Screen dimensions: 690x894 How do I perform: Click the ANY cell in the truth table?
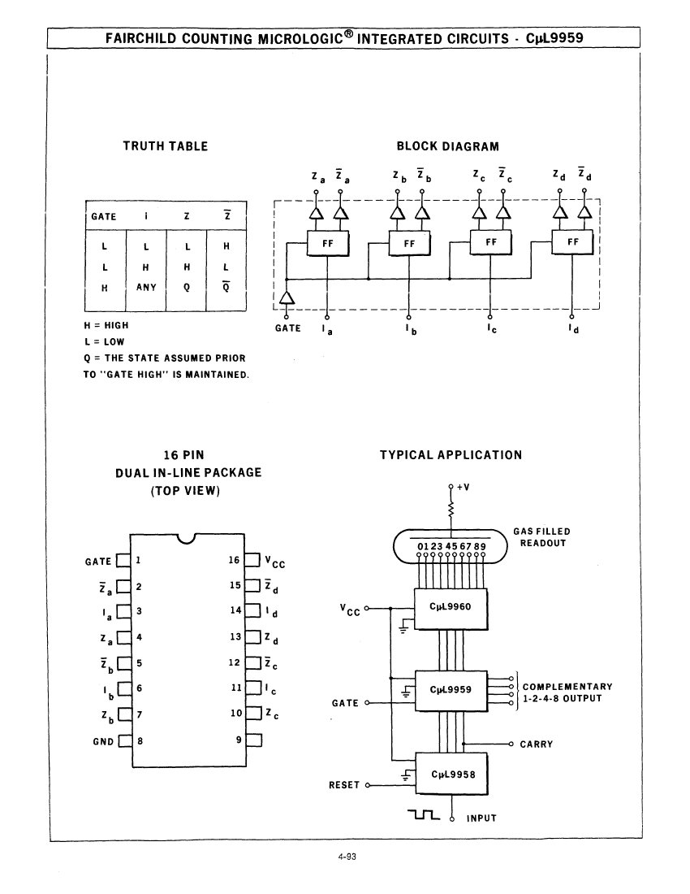146,288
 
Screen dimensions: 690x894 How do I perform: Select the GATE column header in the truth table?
104,217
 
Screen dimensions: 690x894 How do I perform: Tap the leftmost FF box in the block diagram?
328,244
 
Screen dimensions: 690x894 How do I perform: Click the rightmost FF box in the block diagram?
573,243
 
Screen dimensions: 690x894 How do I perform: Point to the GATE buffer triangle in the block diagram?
287,298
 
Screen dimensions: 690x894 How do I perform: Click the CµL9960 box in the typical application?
451,609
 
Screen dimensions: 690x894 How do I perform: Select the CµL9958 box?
452,774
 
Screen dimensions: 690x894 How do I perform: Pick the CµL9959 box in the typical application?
451,691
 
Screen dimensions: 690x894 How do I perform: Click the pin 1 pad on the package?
123,561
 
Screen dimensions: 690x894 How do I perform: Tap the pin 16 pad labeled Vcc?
252,560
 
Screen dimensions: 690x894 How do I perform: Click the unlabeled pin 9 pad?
254,740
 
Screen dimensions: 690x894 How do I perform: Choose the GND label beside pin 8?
103,742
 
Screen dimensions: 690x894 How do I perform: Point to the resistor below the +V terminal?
451,510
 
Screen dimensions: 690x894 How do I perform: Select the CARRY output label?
537,744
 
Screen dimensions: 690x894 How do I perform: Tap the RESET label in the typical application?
344,785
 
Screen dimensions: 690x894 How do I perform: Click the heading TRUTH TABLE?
166,146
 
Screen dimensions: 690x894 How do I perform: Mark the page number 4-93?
347,857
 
